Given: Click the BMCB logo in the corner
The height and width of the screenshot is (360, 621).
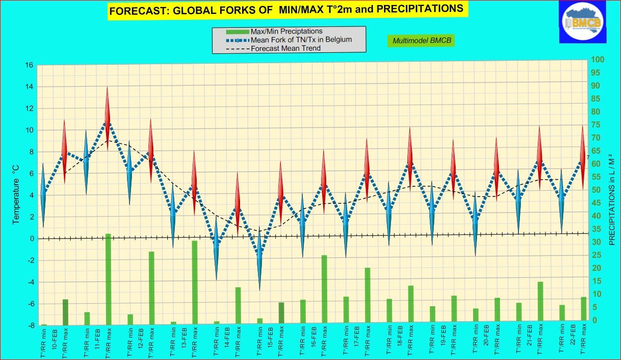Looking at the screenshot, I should coord(582,21).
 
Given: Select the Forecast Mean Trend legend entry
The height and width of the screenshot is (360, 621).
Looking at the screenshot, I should coord(285,48).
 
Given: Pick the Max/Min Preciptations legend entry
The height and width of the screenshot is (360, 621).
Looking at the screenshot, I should coord(286,31).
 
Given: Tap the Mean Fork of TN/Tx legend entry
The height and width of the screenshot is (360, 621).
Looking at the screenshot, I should coord(301,40).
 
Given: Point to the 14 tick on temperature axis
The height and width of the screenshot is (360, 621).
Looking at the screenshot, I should coord(29,87).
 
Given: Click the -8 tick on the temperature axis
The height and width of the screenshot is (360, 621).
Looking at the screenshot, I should coord(29,326).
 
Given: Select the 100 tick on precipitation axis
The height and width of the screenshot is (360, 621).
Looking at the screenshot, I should coord(597,60).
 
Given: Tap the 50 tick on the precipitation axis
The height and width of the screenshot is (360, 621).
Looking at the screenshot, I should coord(596,190).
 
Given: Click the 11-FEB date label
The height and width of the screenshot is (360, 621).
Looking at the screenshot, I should coord(98,339).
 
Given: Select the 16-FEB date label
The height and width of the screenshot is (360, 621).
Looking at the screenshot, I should coord(314,339).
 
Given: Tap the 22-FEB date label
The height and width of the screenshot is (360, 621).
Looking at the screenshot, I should coord(573,339).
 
